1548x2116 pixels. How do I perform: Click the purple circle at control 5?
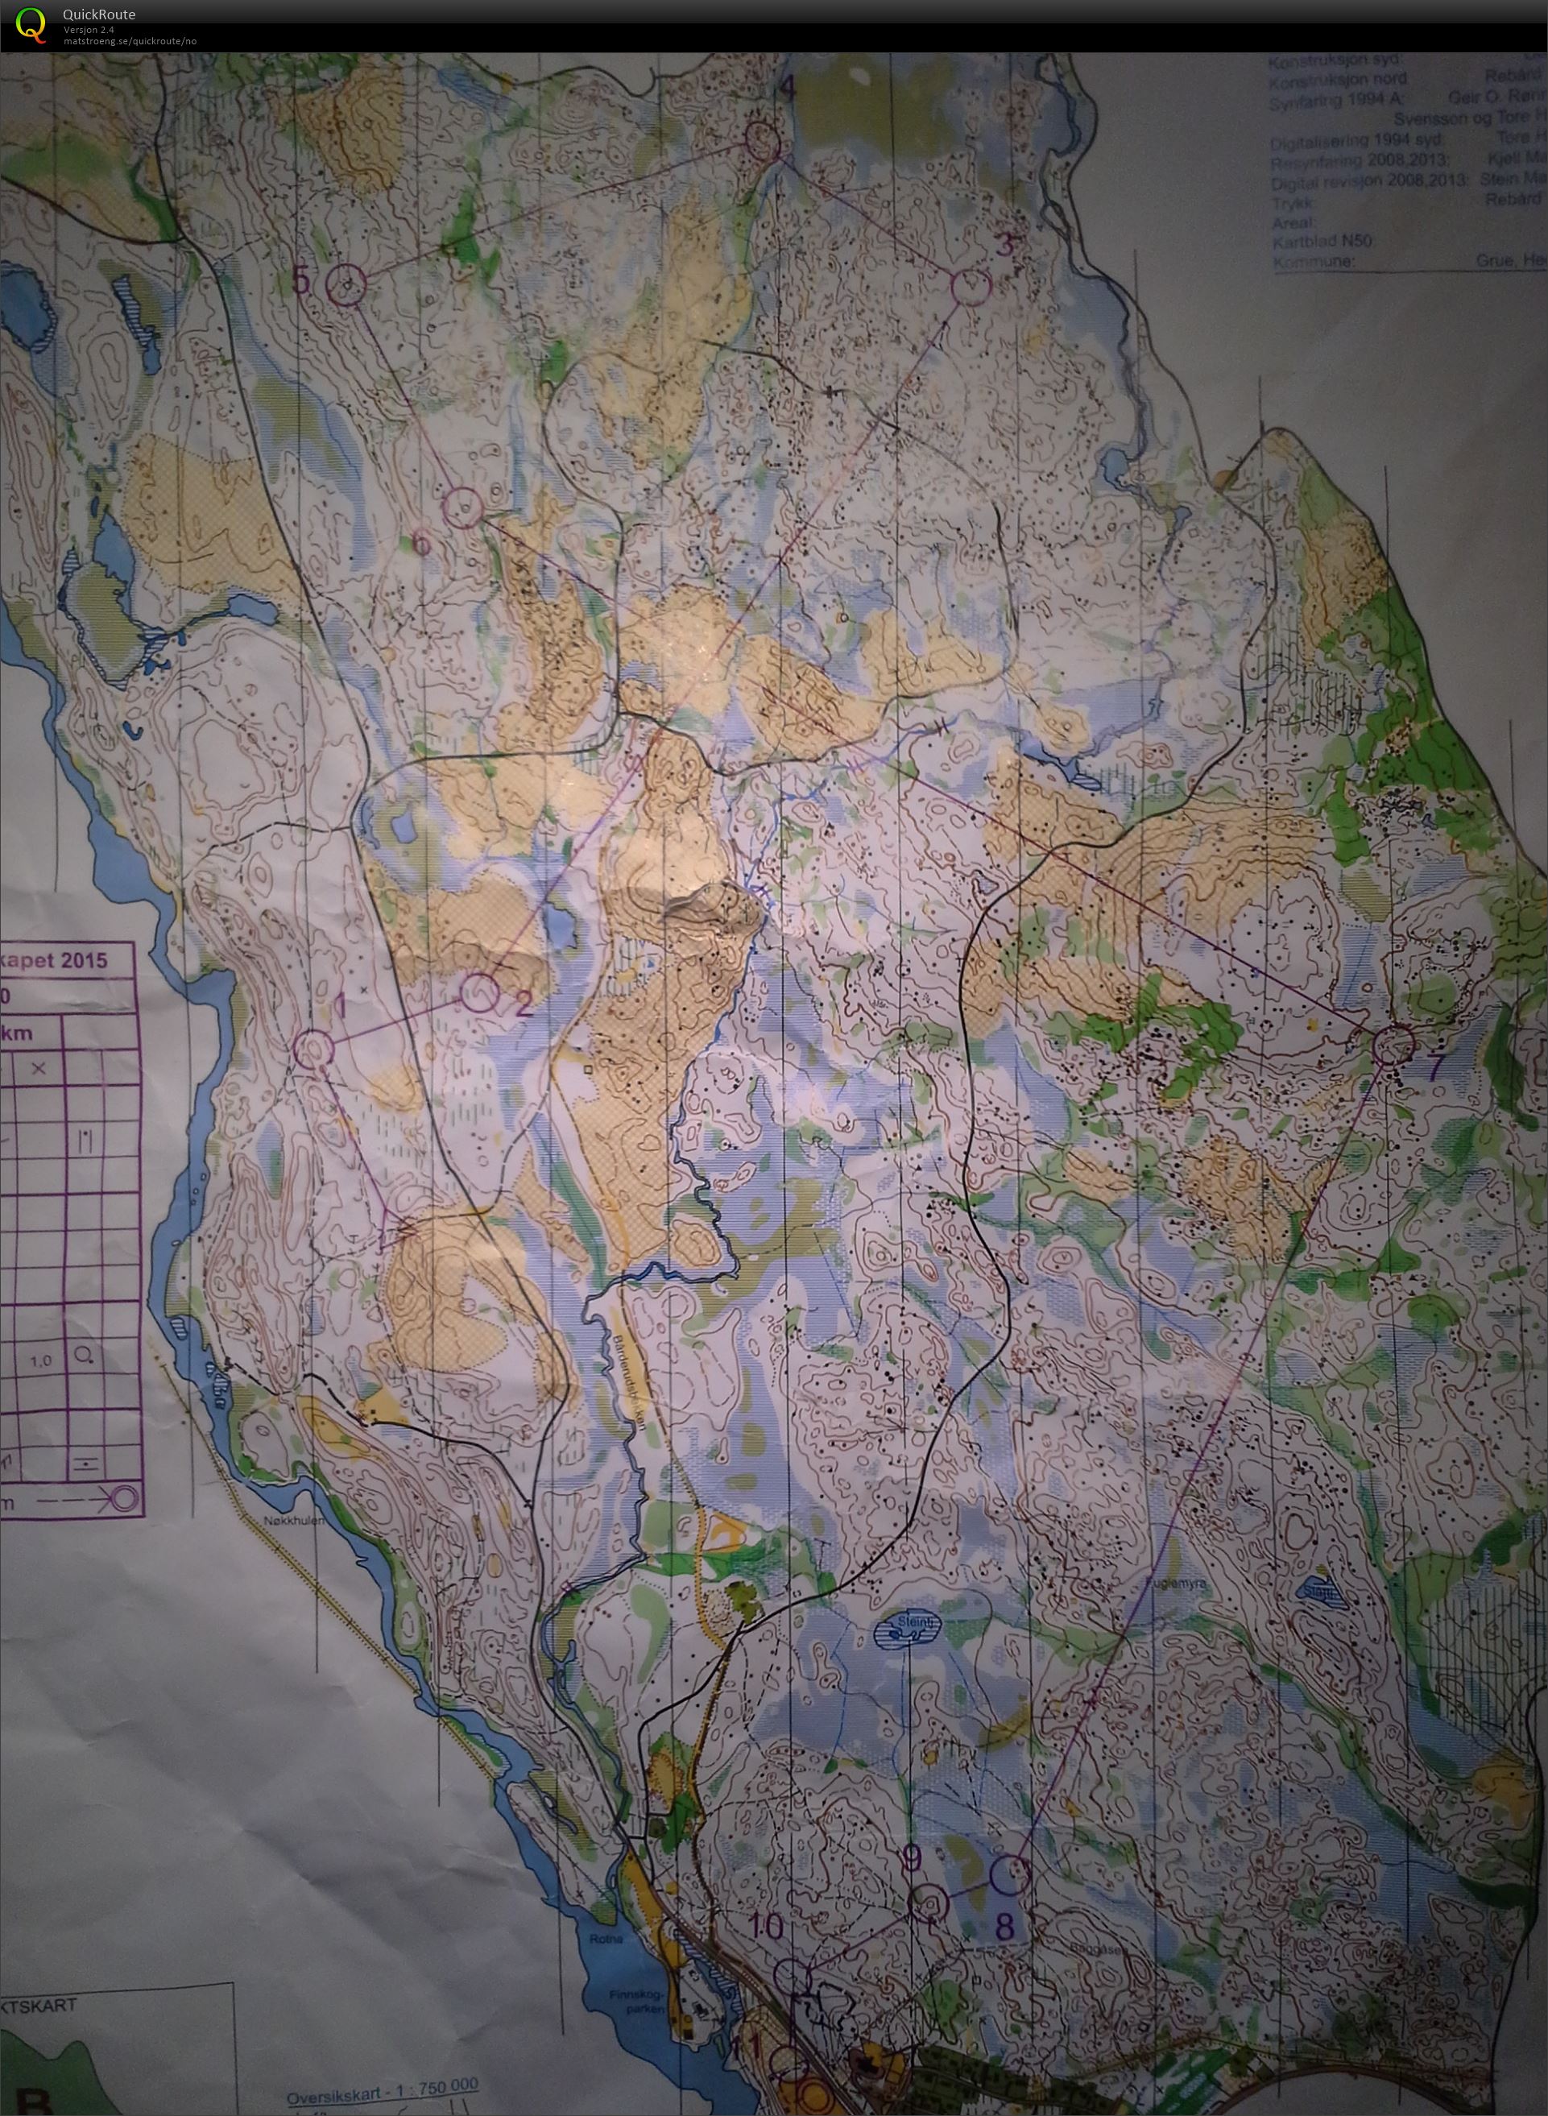click(x=348, y=285)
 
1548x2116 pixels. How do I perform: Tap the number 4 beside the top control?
click(x=786, y=90)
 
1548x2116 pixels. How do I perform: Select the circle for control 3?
click(x=971, y=287)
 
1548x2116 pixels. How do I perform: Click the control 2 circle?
click(x=481, y=992)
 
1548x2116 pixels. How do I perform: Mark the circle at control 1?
click(x=313, y=1049)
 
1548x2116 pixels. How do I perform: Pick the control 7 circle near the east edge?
click(x=1395, y=1043)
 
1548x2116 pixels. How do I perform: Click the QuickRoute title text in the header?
click(x=99, y=14)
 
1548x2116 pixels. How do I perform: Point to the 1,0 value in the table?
click(x=40, y=1360)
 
